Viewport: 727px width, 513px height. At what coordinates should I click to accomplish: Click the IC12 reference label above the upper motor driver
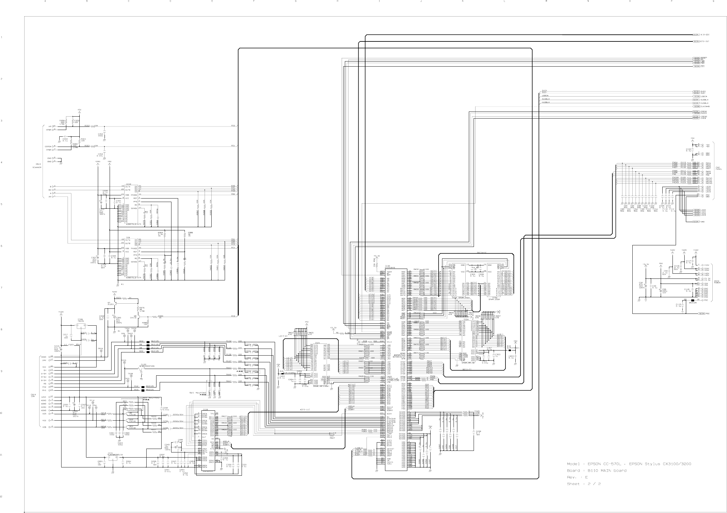pyautogui.click(x=128, y=184)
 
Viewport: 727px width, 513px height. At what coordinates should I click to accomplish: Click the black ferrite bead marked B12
pyautogui.click(x=148, y=341)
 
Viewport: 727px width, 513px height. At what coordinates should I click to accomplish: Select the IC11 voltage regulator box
pyautogui.click(x=112, y=458)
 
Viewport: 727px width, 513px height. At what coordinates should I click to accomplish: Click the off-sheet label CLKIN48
pyautogui.click(x=705, y=106)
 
